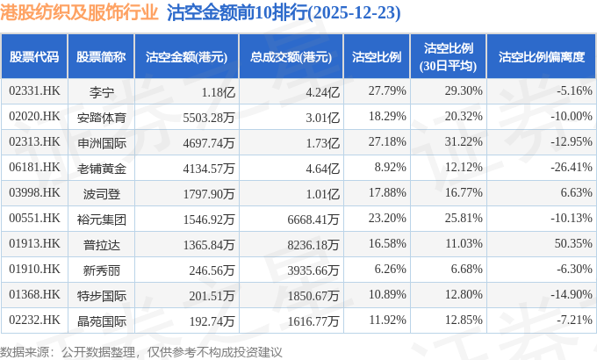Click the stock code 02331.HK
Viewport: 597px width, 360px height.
pos(34,90)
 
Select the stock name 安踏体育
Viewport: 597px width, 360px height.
pos(102,116)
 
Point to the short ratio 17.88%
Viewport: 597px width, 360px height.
pos(386,192)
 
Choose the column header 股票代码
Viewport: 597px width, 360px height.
pos(34,57)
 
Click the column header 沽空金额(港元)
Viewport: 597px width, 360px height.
pos(186,57)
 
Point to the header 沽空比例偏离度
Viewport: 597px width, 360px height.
pos(541,57)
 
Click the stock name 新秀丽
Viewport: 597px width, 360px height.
pos(102,269)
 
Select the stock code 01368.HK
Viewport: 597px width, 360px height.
pos(34,294)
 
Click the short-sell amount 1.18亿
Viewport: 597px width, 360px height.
pos(219,90)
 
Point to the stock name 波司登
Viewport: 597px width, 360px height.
pos(102,192)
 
